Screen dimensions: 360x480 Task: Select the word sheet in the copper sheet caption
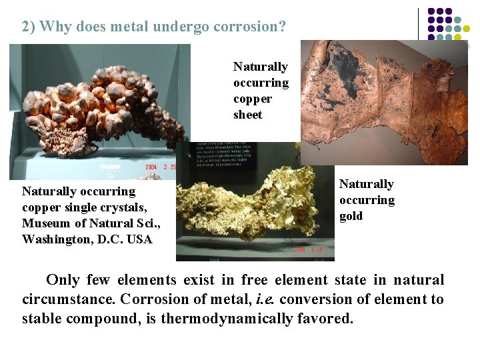[248, 115]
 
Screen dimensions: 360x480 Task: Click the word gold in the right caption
[351, 216]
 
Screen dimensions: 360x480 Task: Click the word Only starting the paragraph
[62, 280]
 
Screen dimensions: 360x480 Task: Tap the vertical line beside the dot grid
[419, 23]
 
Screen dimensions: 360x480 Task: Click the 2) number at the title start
[29, 27]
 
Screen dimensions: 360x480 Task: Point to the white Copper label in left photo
[110, 167]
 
